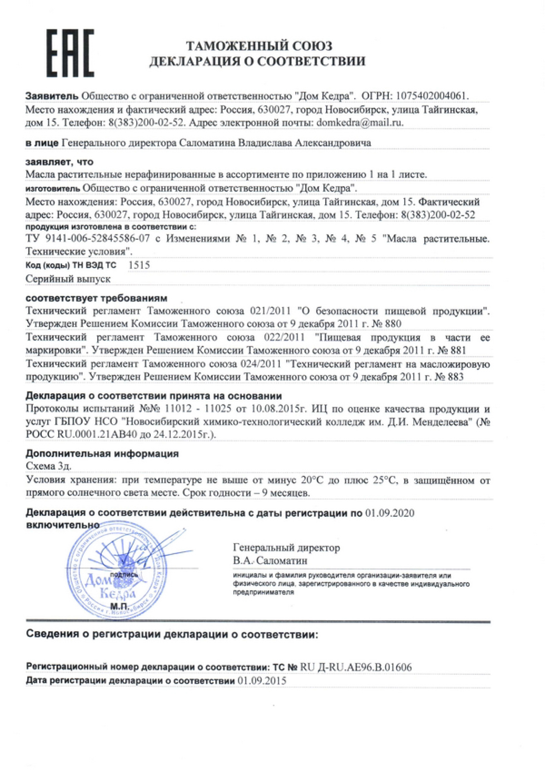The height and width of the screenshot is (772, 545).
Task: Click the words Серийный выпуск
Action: point(68,279)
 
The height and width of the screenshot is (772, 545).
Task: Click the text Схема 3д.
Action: point(49,466)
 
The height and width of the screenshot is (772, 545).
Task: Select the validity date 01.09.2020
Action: point(390,513)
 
